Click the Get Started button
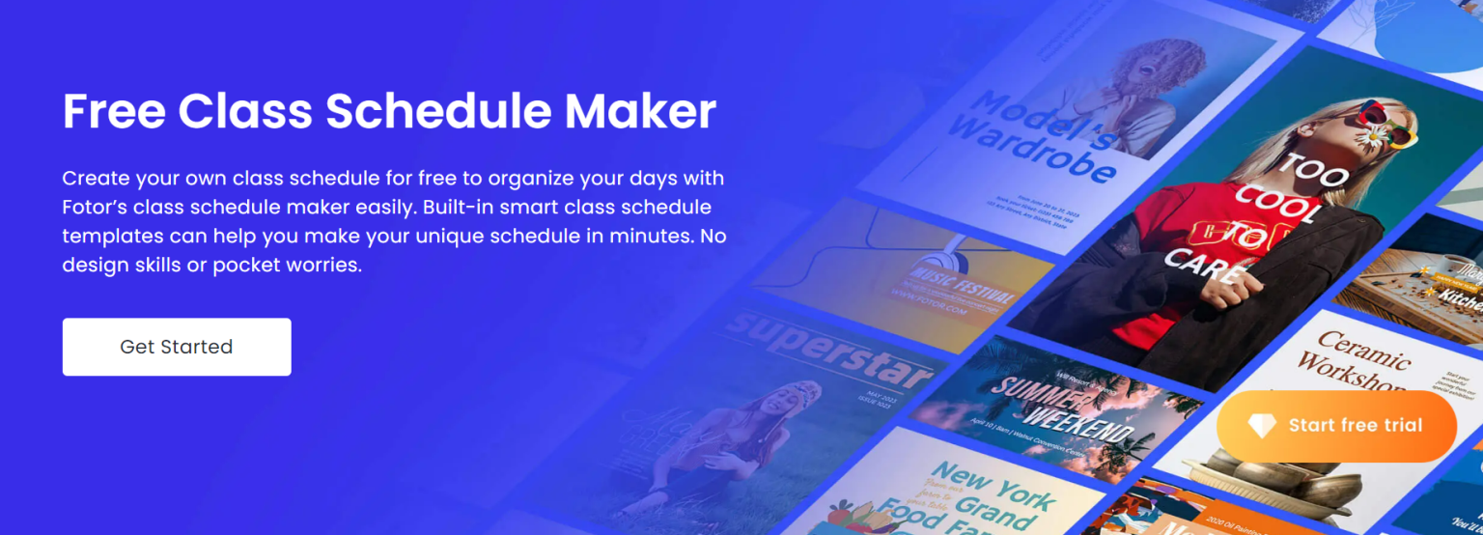(177, 347)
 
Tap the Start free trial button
(1336, 426)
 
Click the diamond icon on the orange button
(1262, 426)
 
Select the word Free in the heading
(113, 112)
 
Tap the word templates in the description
(112, 236)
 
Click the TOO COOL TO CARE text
(1255, 222)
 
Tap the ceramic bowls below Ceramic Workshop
(1255, 483)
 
